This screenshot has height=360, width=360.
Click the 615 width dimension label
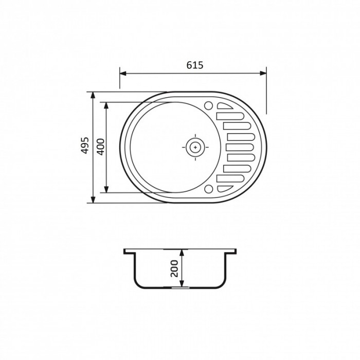(195, 65)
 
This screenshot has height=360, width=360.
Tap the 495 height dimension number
(85, 146)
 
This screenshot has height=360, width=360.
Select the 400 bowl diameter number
(101, 147)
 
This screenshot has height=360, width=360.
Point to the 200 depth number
(174, 268)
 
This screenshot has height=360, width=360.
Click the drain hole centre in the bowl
(195, 147)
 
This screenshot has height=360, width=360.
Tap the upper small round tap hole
(209, 105)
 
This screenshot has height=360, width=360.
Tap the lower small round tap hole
(209, 189)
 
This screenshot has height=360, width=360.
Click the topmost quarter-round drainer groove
(225, 106)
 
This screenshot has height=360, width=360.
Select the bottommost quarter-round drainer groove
(225, 189)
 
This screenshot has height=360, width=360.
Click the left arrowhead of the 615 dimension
(123, 73)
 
